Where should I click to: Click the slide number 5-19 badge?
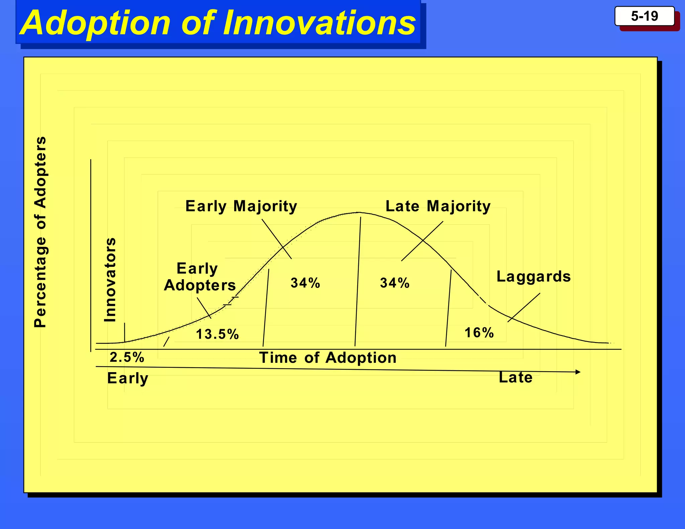tap(644, 16)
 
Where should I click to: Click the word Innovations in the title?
tap(319, 23)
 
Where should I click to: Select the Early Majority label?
tap(241, 206)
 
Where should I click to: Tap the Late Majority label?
tap(438, 206)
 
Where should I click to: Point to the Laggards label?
tap(533, 277)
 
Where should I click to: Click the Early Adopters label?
tap(200, 277)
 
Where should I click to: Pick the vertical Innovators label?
tap(110, 280)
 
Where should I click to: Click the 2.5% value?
tap(127, 357)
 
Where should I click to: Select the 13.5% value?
tap(217, 334)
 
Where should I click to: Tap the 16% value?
tap(479, 333)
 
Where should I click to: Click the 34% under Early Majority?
tap(305, 283)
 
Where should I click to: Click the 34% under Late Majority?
tap(395, 283)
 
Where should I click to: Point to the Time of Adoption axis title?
tap(328, 358)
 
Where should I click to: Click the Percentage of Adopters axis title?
tap(40, 232)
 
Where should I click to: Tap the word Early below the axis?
tap(127, 378)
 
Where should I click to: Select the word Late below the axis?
tap(515, 378)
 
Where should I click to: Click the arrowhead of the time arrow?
tap(578, 372)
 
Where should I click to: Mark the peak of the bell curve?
tap(358, 212)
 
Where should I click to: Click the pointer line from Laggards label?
tap(524, 308)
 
